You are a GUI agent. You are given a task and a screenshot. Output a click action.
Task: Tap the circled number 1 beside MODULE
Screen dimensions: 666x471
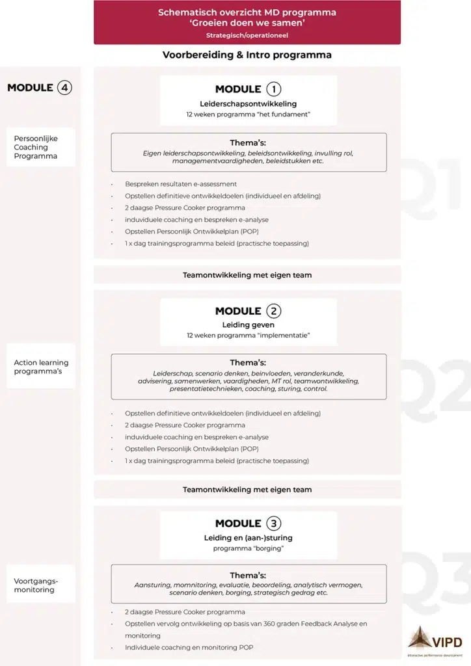coord(274,89)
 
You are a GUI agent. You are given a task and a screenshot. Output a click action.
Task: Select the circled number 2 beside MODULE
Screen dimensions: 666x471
coord(274,311)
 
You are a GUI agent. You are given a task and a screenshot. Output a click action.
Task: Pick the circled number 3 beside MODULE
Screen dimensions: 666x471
coord(274,524)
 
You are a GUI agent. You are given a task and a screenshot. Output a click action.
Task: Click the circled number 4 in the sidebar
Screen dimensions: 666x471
coord(64,87)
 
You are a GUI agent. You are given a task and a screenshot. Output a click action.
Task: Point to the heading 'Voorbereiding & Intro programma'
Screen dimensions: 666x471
coord(247,55)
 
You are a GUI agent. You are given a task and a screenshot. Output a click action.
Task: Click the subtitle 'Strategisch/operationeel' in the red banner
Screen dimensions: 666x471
coord(247,35)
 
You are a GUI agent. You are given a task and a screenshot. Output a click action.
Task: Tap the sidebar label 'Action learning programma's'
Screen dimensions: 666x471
coord(41,367)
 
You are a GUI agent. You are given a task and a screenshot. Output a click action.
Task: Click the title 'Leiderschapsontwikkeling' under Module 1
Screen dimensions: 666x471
coord(248,103)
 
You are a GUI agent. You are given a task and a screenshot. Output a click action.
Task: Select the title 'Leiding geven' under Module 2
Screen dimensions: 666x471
coord(248,325)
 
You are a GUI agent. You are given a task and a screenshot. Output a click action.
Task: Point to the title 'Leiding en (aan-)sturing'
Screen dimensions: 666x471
coord(248,537)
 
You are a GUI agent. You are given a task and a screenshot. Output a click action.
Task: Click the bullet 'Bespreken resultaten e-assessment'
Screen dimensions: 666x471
coord(181,184)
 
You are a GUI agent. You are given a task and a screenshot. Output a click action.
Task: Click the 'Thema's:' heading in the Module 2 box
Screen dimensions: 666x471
coord(248,363)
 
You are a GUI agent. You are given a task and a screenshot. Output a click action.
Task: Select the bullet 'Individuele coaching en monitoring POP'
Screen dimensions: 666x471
coord(189,648)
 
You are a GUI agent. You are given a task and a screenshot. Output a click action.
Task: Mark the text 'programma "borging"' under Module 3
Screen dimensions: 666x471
coord(248,548)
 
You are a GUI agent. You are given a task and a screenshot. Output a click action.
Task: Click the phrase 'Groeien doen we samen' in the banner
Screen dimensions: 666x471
coord(247,23)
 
